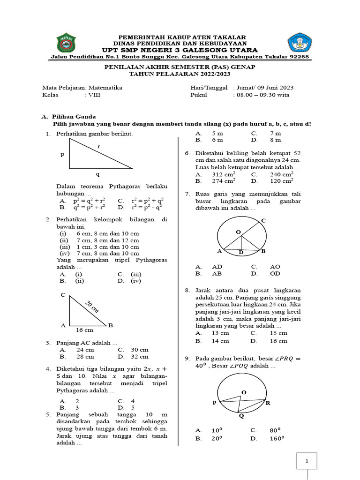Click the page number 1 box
307,462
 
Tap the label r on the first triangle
98,147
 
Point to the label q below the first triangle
98,174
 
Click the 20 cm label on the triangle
92,307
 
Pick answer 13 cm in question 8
220,333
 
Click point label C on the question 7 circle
263,220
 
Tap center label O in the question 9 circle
243,392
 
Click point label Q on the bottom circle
241,416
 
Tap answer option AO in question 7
275,266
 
